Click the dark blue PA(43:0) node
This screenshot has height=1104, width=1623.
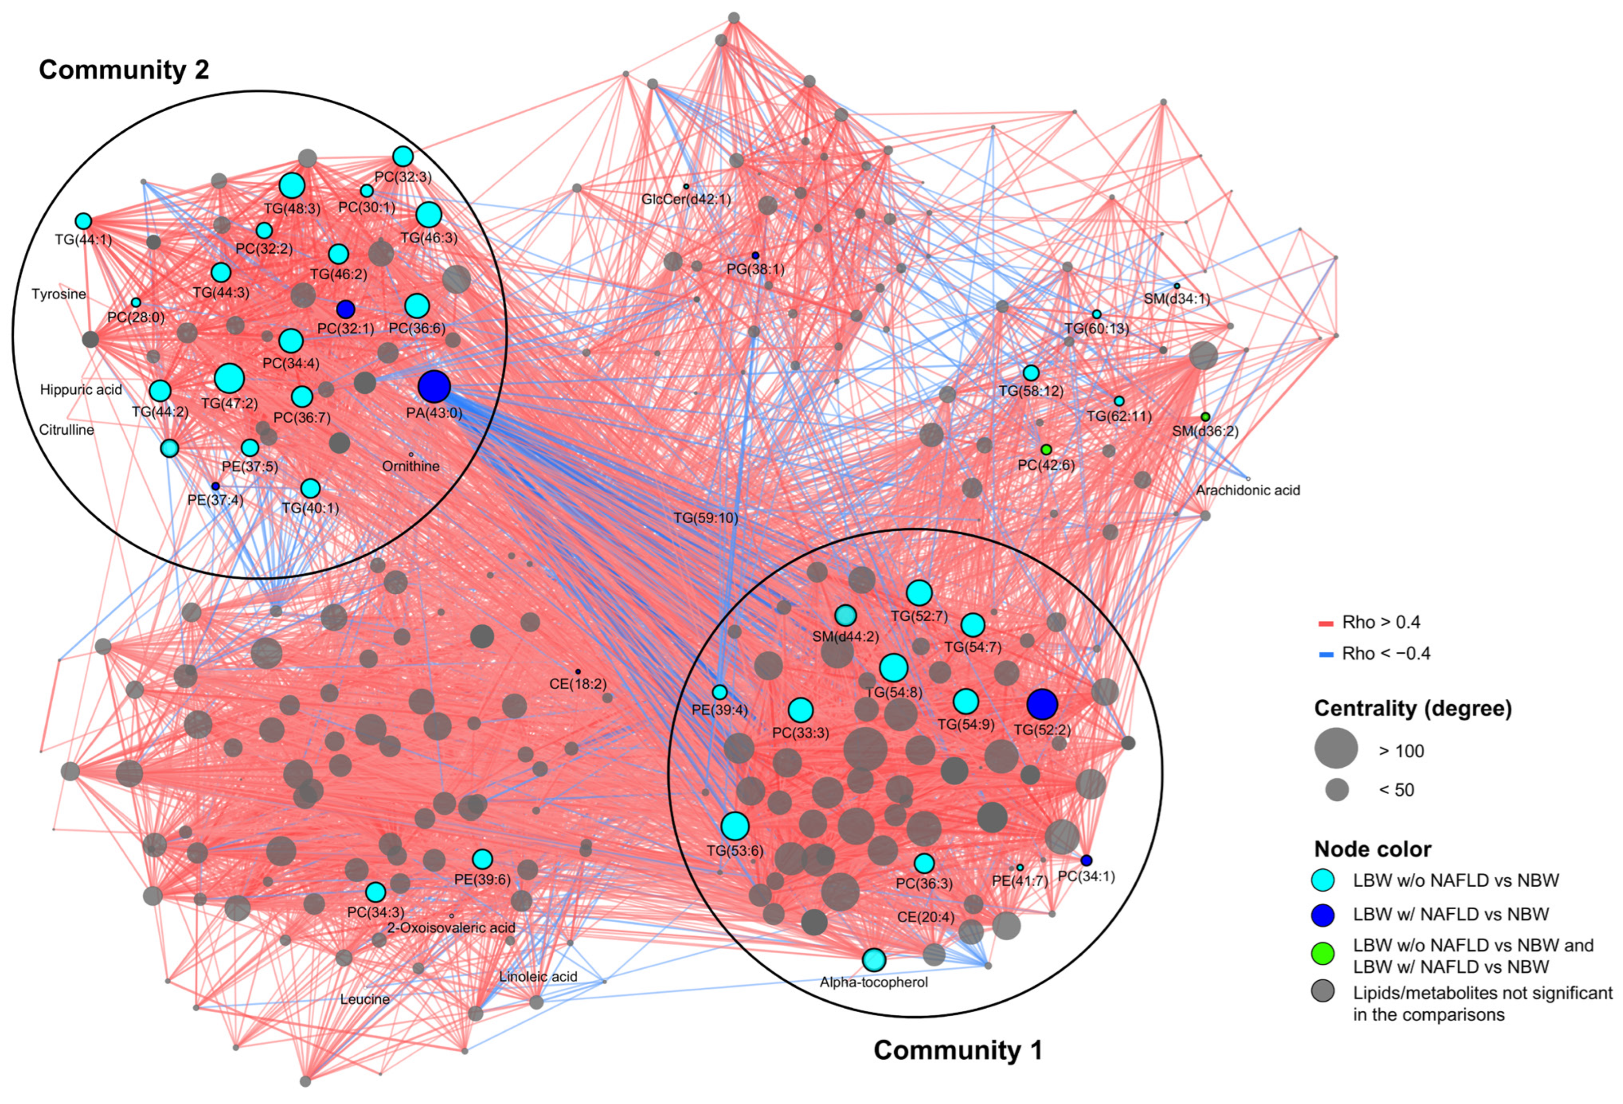click(x=434, y=387)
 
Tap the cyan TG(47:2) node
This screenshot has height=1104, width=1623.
click(x=229, y=378)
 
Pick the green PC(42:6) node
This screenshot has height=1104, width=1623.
click(x=1045, y=449)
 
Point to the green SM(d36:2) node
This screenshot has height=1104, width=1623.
click(x=1205, y=417)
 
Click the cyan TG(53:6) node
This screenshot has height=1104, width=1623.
click(x=735, y=826)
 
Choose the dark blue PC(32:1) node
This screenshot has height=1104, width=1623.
click(x=345, y=309)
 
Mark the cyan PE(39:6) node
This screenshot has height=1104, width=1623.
click(x=482, y=859)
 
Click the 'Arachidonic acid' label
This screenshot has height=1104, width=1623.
click(x=1247, y=490)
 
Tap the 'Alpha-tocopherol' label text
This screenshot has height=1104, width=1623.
click(x=873, y=983)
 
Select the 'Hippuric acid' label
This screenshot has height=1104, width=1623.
click(x=81, y=390)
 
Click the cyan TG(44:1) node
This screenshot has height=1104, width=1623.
click(x=83, y=221)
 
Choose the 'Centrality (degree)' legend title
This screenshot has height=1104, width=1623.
click(x=1412, y=709)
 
